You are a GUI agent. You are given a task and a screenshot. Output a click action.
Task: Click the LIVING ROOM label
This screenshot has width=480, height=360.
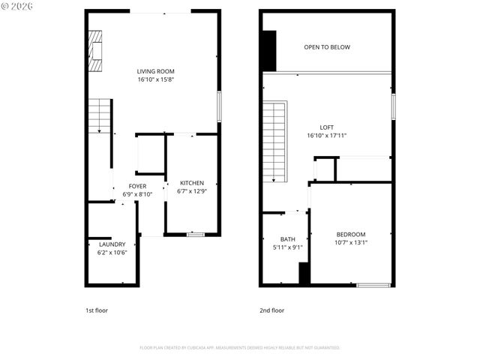click(x=155, y=71)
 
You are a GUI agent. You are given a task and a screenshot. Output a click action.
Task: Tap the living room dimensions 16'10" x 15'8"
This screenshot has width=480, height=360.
click(x=155, y=79)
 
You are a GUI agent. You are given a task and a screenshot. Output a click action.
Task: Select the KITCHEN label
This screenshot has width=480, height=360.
click(x=191, y=183)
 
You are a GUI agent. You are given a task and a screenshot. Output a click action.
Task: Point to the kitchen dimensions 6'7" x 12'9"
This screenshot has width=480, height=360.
click(x=191, y=191)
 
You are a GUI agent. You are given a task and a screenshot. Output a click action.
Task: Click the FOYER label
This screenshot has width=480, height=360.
click(x=137, y=186)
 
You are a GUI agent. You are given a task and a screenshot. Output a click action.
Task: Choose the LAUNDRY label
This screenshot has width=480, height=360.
click(x=112, y=244)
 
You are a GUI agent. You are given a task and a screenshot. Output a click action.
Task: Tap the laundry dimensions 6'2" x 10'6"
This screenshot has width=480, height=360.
click(x=112, y=253)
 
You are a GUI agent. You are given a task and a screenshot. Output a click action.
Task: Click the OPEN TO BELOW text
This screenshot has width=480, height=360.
click(x=327, y=47)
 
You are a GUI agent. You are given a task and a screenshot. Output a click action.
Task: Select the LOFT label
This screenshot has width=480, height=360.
click(x=326, y=127)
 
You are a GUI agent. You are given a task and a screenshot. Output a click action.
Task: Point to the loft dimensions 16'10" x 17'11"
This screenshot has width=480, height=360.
click(x=326, y=136)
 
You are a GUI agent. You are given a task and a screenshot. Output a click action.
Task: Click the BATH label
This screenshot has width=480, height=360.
click(x=288, y=239)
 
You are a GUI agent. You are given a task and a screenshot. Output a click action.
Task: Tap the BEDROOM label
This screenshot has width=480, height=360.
click(x=350, y=234)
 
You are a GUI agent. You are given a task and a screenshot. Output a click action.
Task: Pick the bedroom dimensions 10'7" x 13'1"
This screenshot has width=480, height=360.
click(x=350, y=242)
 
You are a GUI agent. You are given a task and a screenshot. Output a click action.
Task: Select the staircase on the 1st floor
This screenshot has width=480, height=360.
click(x=100, y=116)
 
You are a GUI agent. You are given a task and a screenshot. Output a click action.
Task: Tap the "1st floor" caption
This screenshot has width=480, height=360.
click(x=97, y=310)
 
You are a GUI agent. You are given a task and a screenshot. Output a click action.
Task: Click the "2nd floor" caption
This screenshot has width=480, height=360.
click(x=271, y=310)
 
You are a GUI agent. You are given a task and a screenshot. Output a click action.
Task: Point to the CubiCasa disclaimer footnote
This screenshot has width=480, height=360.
click(x=240, y=348)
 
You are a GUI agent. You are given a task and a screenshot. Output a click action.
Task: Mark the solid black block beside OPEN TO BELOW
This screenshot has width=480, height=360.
click(x=269, y=50)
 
